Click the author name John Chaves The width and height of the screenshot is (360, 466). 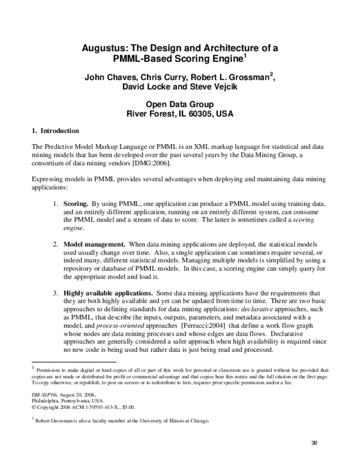tap(103, 78)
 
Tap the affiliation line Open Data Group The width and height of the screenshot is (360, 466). tap(179, 104)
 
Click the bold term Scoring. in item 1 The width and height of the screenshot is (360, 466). tap(77, 204)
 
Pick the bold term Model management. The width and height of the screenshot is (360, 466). tap(94, 245)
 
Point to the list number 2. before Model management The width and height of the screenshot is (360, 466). tap(55, 245)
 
